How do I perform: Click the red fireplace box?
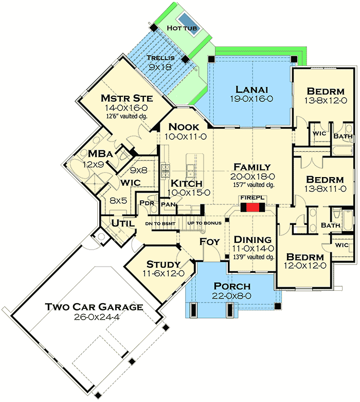pos(252,207)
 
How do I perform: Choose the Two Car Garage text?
pos(93,307)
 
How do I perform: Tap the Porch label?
pos(232,286)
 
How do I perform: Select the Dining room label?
pos(253,240)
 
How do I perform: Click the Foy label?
pos(209,241)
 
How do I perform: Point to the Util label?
pos(123,224)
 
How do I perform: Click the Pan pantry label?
pos(168,204)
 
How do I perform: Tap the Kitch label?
pos(187,183)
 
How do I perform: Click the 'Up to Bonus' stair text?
pos(205,223)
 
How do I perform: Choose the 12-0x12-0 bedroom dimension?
pos(305,266)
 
